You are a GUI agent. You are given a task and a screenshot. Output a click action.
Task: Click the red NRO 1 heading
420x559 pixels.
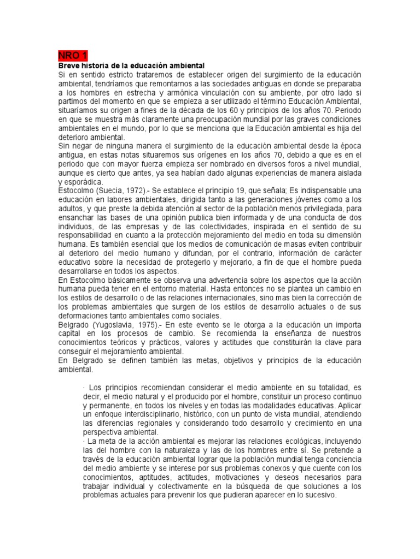pos(72,56)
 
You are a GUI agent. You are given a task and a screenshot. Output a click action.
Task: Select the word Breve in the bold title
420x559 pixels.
pos(69,66)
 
